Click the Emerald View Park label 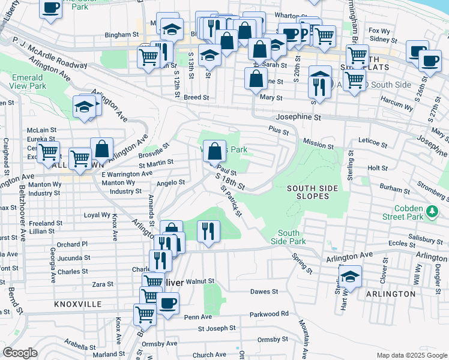[28, 82]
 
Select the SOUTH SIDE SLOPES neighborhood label [312, 193]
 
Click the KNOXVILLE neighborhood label [77, 304]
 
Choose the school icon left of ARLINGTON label [350, 277]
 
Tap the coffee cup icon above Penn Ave [168, 302]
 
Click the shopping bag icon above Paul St [214, 152]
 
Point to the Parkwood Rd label [269, 313]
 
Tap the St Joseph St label [217, 328]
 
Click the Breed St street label [196, 97]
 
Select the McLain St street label [41, 130]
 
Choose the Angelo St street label [170, 182]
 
